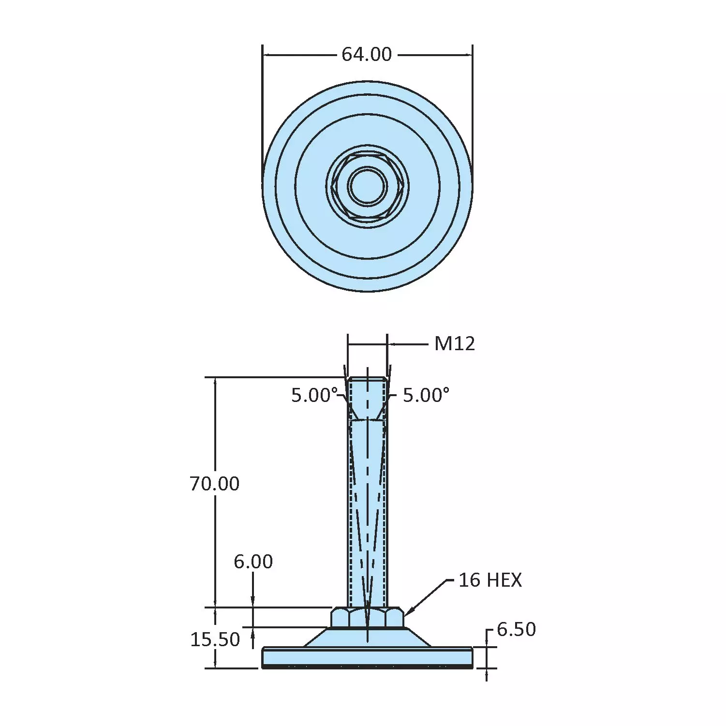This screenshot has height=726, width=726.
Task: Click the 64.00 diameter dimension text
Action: (366, 54)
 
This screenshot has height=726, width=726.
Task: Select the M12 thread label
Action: (454, 344)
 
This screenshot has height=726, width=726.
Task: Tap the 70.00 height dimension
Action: (214, 484)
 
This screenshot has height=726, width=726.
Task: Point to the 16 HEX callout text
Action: (489, 580)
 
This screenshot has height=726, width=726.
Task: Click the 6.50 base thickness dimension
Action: (516, 629)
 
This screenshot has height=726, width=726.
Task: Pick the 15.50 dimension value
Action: (215, 639)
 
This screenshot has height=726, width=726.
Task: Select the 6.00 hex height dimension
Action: (253, 562)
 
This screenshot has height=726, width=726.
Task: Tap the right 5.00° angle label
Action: (426, 395)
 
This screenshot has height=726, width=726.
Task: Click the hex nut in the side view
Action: (368, 618)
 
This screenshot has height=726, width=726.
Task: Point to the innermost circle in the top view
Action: (368, 186)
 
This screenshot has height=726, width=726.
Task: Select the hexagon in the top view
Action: (340, 186)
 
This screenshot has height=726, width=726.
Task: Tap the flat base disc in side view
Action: (368, 657)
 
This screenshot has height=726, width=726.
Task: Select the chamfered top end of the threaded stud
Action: (368, 379)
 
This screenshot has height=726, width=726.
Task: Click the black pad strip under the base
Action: (368, 667)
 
